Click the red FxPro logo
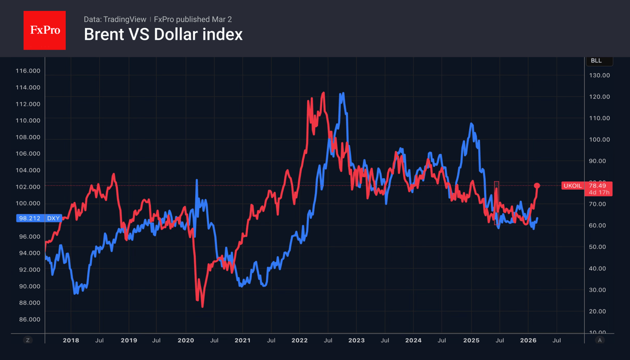click(x=44, y=30)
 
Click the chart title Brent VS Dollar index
click(x=163, y=35)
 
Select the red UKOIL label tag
click(x=572, y=186)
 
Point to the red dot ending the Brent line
click(x=537, y=186)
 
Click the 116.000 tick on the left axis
click(x=28, y=71)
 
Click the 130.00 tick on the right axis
click(x=599, y=75)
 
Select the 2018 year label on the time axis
click(x=71, y=340)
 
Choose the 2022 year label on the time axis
click(x=299, y=340)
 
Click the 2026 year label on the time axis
click(x=528, y=340)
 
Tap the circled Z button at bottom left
click(x=28, y=340)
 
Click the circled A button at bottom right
click(x=599, y=340)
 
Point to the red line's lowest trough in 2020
click(x=202, y=307)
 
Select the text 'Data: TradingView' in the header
click(x=115, y=20)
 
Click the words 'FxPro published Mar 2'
click(x=193, y=20)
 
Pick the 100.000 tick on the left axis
click(x=28, y=203)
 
